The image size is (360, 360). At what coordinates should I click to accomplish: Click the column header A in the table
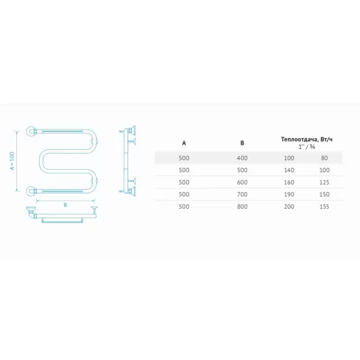click(x=184, y=143)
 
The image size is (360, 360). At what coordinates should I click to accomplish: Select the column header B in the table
click(x=242, y=143)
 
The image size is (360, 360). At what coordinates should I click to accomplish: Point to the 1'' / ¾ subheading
click(x=307, y=147)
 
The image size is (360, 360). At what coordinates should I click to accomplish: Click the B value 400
click(x=242, y=158)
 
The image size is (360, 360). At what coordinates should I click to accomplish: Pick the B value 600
click(x=242, y=182)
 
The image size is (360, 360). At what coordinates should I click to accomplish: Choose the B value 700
click(x=242, y=194)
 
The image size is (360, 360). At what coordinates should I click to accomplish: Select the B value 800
click(x=242, y=206)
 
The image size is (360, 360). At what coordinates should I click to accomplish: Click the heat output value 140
click(x=289, y=170)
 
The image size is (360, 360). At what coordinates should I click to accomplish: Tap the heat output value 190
click(x=289, y=194)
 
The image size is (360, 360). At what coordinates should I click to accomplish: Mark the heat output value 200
click(x=289, y=206)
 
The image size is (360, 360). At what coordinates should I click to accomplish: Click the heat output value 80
click(x=325, y=158)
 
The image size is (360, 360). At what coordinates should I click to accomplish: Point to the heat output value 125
click(x=325, y=182)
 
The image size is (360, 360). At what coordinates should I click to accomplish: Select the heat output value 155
click(x=325, y=206)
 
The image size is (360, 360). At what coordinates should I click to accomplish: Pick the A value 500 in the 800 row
click(x=184, y=206)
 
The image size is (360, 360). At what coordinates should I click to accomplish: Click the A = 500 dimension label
click(x=12, y=161)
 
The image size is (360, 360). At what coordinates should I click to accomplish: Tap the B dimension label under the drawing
click(x=65, y=205)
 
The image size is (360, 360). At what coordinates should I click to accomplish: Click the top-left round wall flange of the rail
click(x=31, y=131)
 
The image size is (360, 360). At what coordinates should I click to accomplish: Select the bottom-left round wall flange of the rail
click(x=31, y=191)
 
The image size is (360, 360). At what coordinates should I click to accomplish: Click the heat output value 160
click(x=289, y=182)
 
